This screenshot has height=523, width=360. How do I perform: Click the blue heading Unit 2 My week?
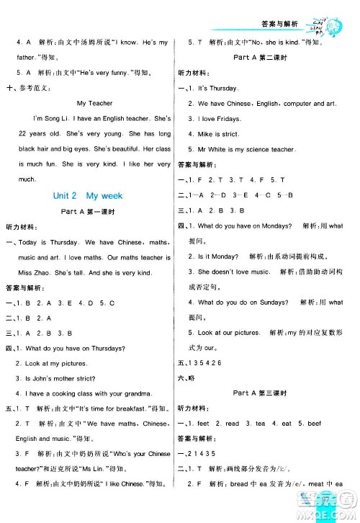88,195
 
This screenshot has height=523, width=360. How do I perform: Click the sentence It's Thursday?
220,88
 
